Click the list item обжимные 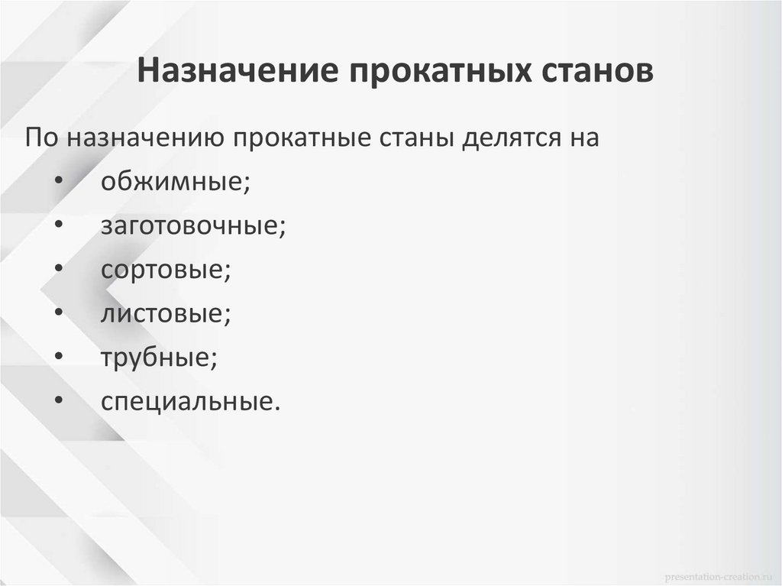(175, 183)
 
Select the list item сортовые (165, 270)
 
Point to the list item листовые (165, 314)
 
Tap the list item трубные (158, 358)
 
